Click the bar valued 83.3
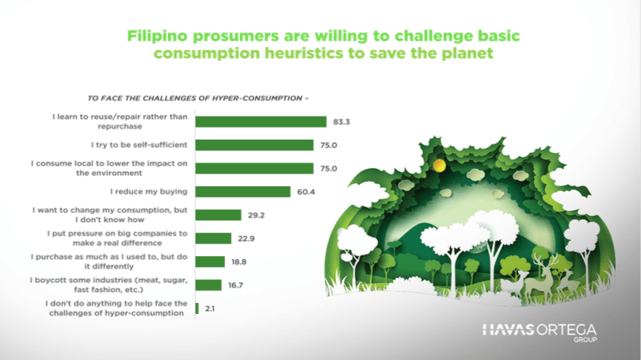click(261, 121)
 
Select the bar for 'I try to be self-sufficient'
click(254, 145)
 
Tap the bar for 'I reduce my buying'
click(242, 191)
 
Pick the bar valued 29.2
click(219, 215)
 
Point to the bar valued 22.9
click(213, 238)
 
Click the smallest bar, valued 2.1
click(197, 308)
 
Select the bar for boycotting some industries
click(208, 285)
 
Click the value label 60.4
click(306, 192)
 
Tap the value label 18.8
click(238, 262)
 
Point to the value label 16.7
click(235, 285)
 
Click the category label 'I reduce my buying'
click(149, 191)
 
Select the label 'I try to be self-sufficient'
click(139, 145)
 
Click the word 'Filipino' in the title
click(158, 36)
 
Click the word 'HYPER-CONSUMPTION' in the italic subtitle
click(258, 98)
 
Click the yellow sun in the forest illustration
click(440, 165)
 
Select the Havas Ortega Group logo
click(540, 332)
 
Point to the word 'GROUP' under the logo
click(585, 339)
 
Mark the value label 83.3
click(341, 122)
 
